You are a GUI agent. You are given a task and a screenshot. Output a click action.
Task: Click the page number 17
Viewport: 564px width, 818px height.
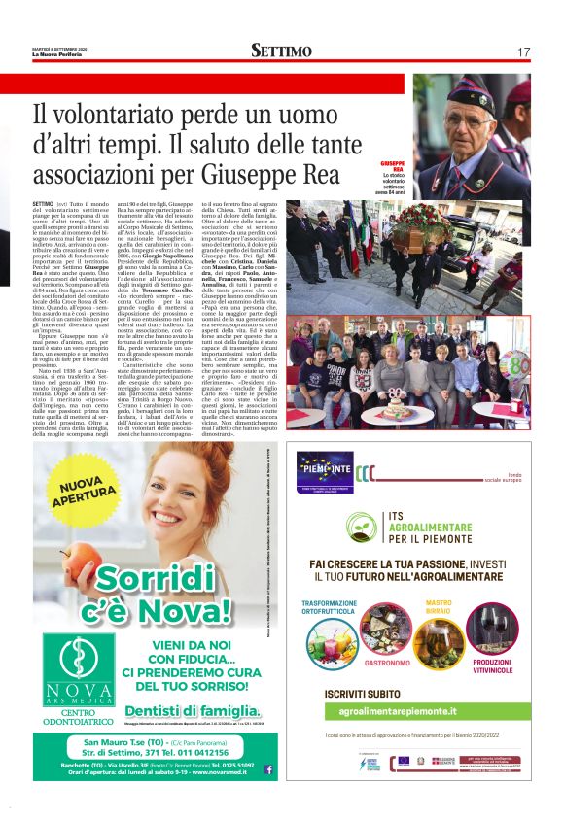pyautogui.click(x=523, y=51)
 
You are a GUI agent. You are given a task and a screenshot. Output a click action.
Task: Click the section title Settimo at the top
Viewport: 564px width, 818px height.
pyautogui.click(x=281, y=51)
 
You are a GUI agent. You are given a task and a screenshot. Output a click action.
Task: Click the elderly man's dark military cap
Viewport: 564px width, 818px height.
pyautogui.click(x=472, y=95)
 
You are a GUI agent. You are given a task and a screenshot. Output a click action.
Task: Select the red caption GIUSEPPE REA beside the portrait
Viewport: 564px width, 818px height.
pyautogui.click(x=419, y=160)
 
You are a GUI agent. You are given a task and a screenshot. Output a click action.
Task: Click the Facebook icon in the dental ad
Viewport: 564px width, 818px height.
pyautogui.click(x=268, y=768)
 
